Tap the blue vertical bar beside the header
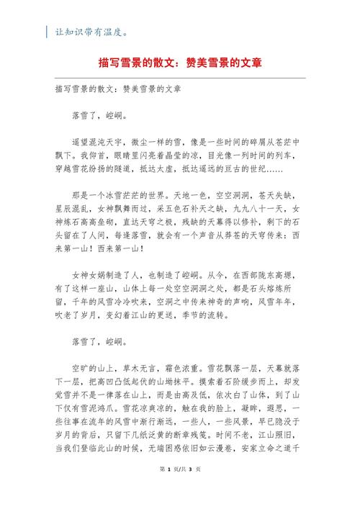(x=48, y=32)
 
